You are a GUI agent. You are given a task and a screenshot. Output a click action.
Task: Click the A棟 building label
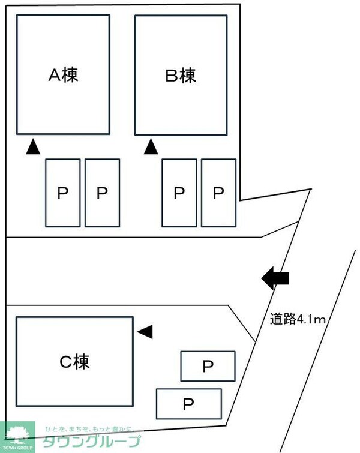click(63, 76)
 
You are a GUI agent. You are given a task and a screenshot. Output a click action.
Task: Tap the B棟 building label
click(181, 76)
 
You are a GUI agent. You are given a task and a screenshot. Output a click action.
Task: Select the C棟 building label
click(74, 361)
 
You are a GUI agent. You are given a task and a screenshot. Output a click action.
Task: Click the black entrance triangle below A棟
click(33, 146)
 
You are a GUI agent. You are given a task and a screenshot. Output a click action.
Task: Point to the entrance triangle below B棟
click(151, 146)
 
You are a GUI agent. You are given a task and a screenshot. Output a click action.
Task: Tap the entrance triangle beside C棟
click(145, 331)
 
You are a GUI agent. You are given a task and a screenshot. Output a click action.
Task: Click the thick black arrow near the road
click(275, 278)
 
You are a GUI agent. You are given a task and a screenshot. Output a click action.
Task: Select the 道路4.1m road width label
click(297, 320)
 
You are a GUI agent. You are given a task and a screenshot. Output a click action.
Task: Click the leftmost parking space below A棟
click(63, 193)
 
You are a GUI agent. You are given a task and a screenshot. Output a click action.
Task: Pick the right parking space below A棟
click(102, 193)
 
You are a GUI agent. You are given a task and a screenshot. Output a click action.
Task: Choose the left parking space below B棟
click(179, 193)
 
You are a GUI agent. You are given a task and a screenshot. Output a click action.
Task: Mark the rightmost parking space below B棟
click(218, 193)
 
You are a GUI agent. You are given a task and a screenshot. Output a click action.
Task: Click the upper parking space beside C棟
click(208, 366)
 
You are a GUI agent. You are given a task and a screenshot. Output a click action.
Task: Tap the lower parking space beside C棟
click(188, 403)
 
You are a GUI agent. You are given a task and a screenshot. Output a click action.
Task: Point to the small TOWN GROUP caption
click(17, 448)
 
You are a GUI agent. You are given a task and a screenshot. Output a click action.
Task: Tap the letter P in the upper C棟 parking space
click(208, 366)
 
